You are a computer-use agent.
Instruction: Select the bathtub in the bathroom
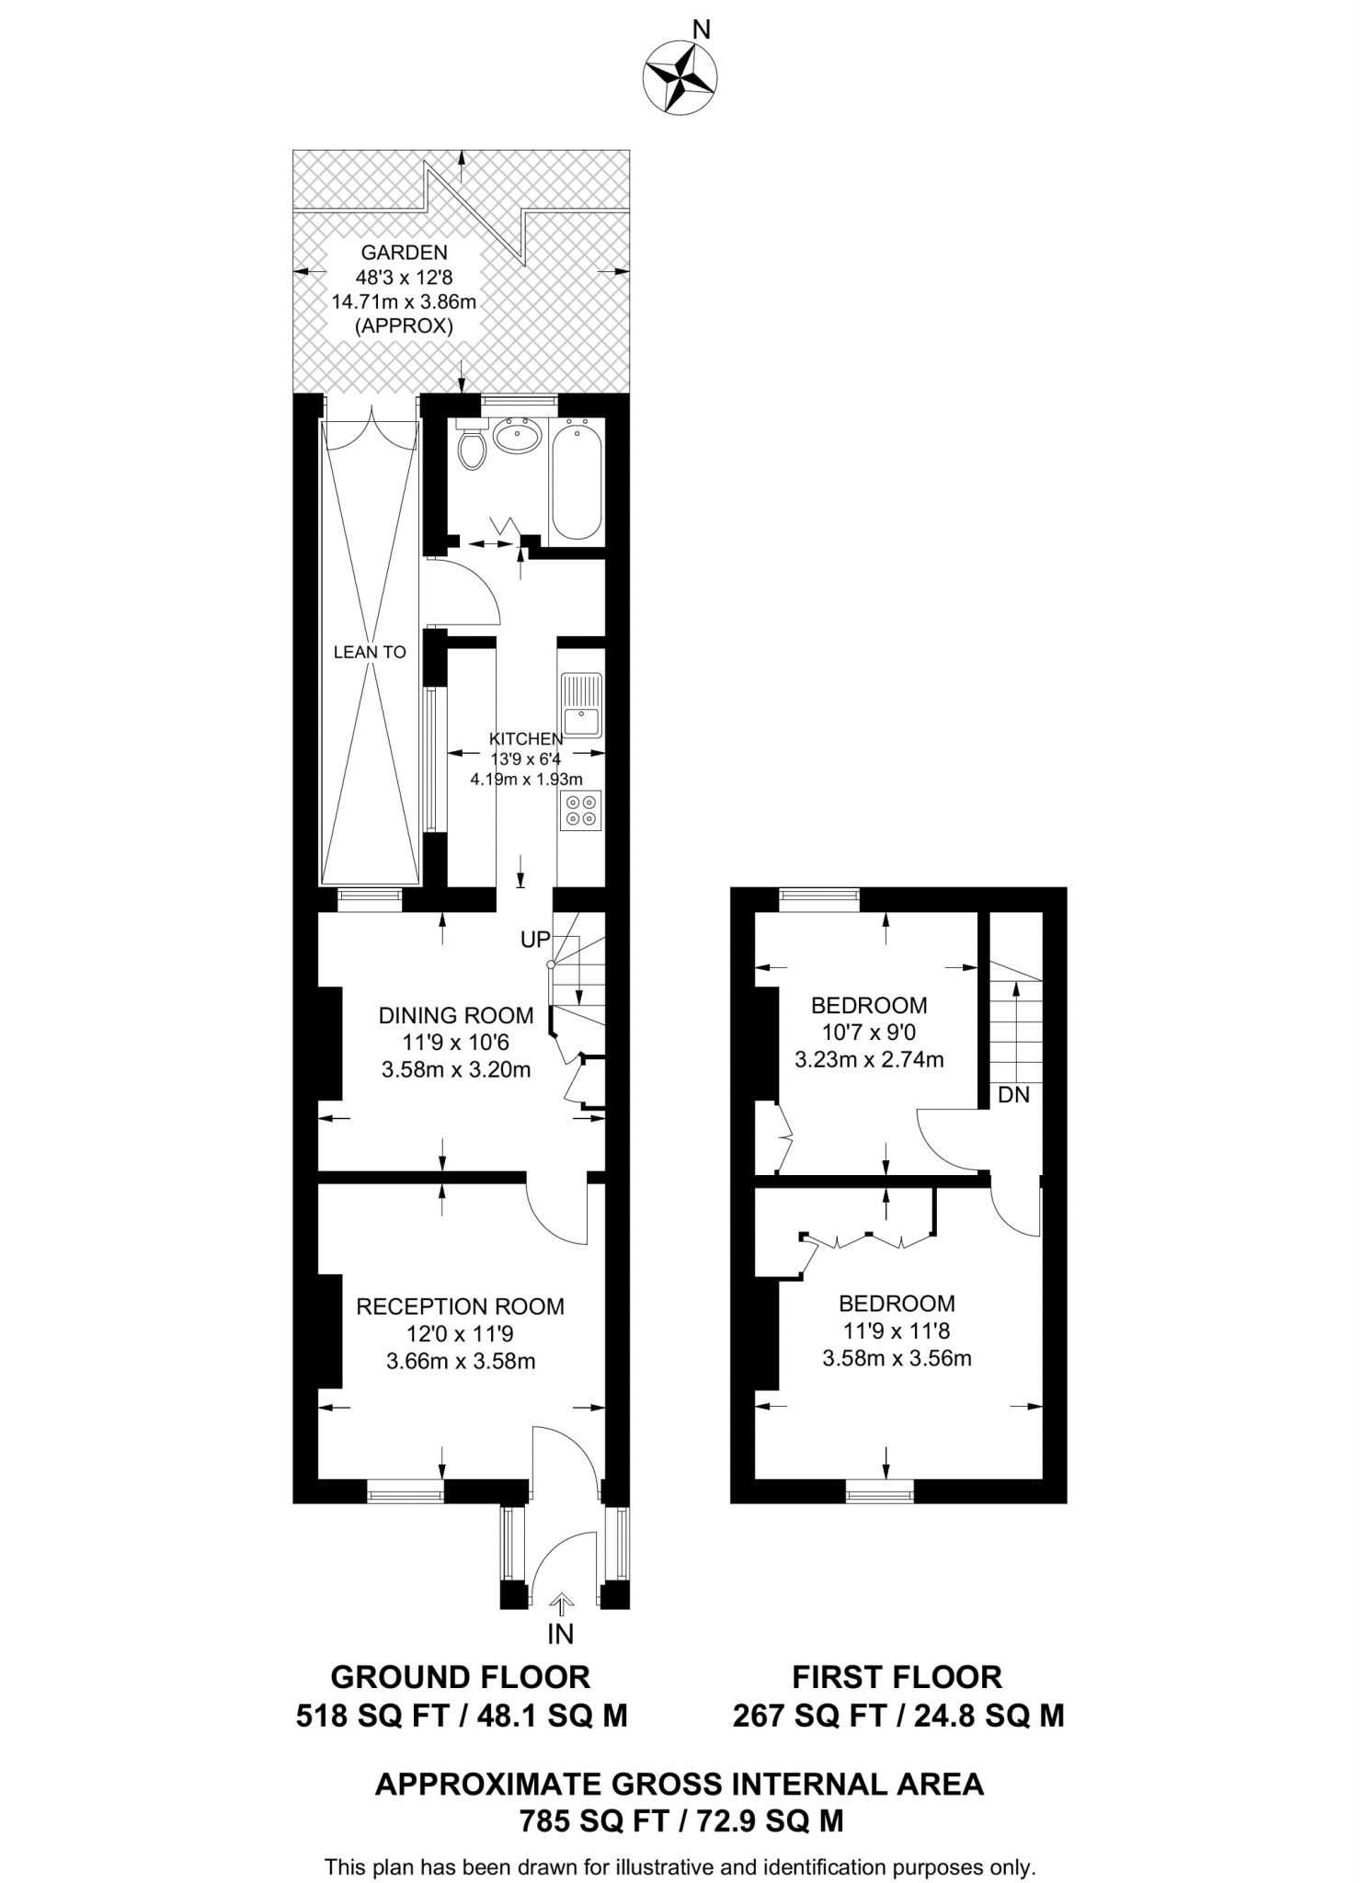[577, 482]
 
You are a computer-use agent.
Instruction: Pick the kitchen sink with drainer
[581, 705]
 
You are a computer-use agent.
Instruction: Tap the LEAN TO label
[370, 652]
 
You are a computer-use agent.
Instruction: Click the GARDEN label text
[404, 253]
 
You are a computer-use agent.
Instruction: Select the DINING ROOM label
[456, 1016]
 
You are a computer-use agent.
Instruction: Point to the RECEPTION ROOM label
[460, 1307]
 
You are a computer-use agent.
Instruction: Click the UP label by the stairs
[535, 940]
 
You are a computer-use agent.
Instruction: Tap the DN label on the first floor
[1013, 1095]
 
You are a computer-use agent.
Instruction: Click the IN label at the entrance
[560, 1634]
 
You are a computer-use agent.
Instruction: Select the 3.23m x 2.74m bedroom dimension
[869, 1059]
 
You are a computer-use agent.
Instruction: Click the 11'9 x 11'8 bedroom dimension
[897, 1330]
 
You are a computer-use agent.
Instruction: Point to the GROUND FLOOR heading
[460, 1677]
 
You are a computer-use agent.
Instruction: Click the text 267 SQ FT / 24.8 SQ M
[897, 1716]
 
